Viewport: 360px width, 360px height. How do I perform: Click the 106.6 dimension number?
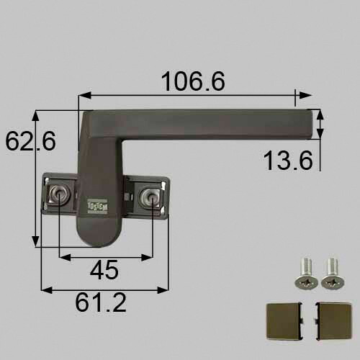194,81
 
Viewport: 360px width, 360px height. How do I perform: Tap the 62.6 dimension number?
30,141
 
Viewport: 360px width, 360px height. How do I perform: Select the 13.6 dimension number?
288,161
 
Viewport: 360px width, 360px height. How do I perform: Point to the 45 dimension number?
104,269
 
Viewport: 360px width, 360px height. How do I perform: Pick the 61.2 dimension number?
101,302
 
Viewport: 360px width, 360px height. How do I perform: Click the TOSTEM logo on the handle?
97,205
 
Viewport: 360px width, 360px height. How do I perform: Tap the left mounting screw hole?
58,193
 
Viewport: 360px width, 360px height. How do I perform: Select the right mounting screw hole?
150,195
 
